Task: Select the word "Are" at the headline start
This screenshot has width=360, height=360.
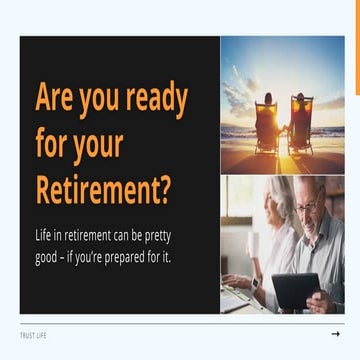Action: click(54, 98)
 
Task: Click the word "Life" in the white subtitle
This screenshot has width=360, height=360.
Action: click(44, 236)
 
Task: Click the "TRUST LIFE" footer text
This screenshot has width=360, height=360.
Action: click(33, 334)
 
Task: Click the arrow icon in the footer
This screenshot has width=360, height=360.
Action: click(335, 334)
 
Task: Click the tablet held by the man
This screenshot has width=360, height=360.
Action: click(296, 290)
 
